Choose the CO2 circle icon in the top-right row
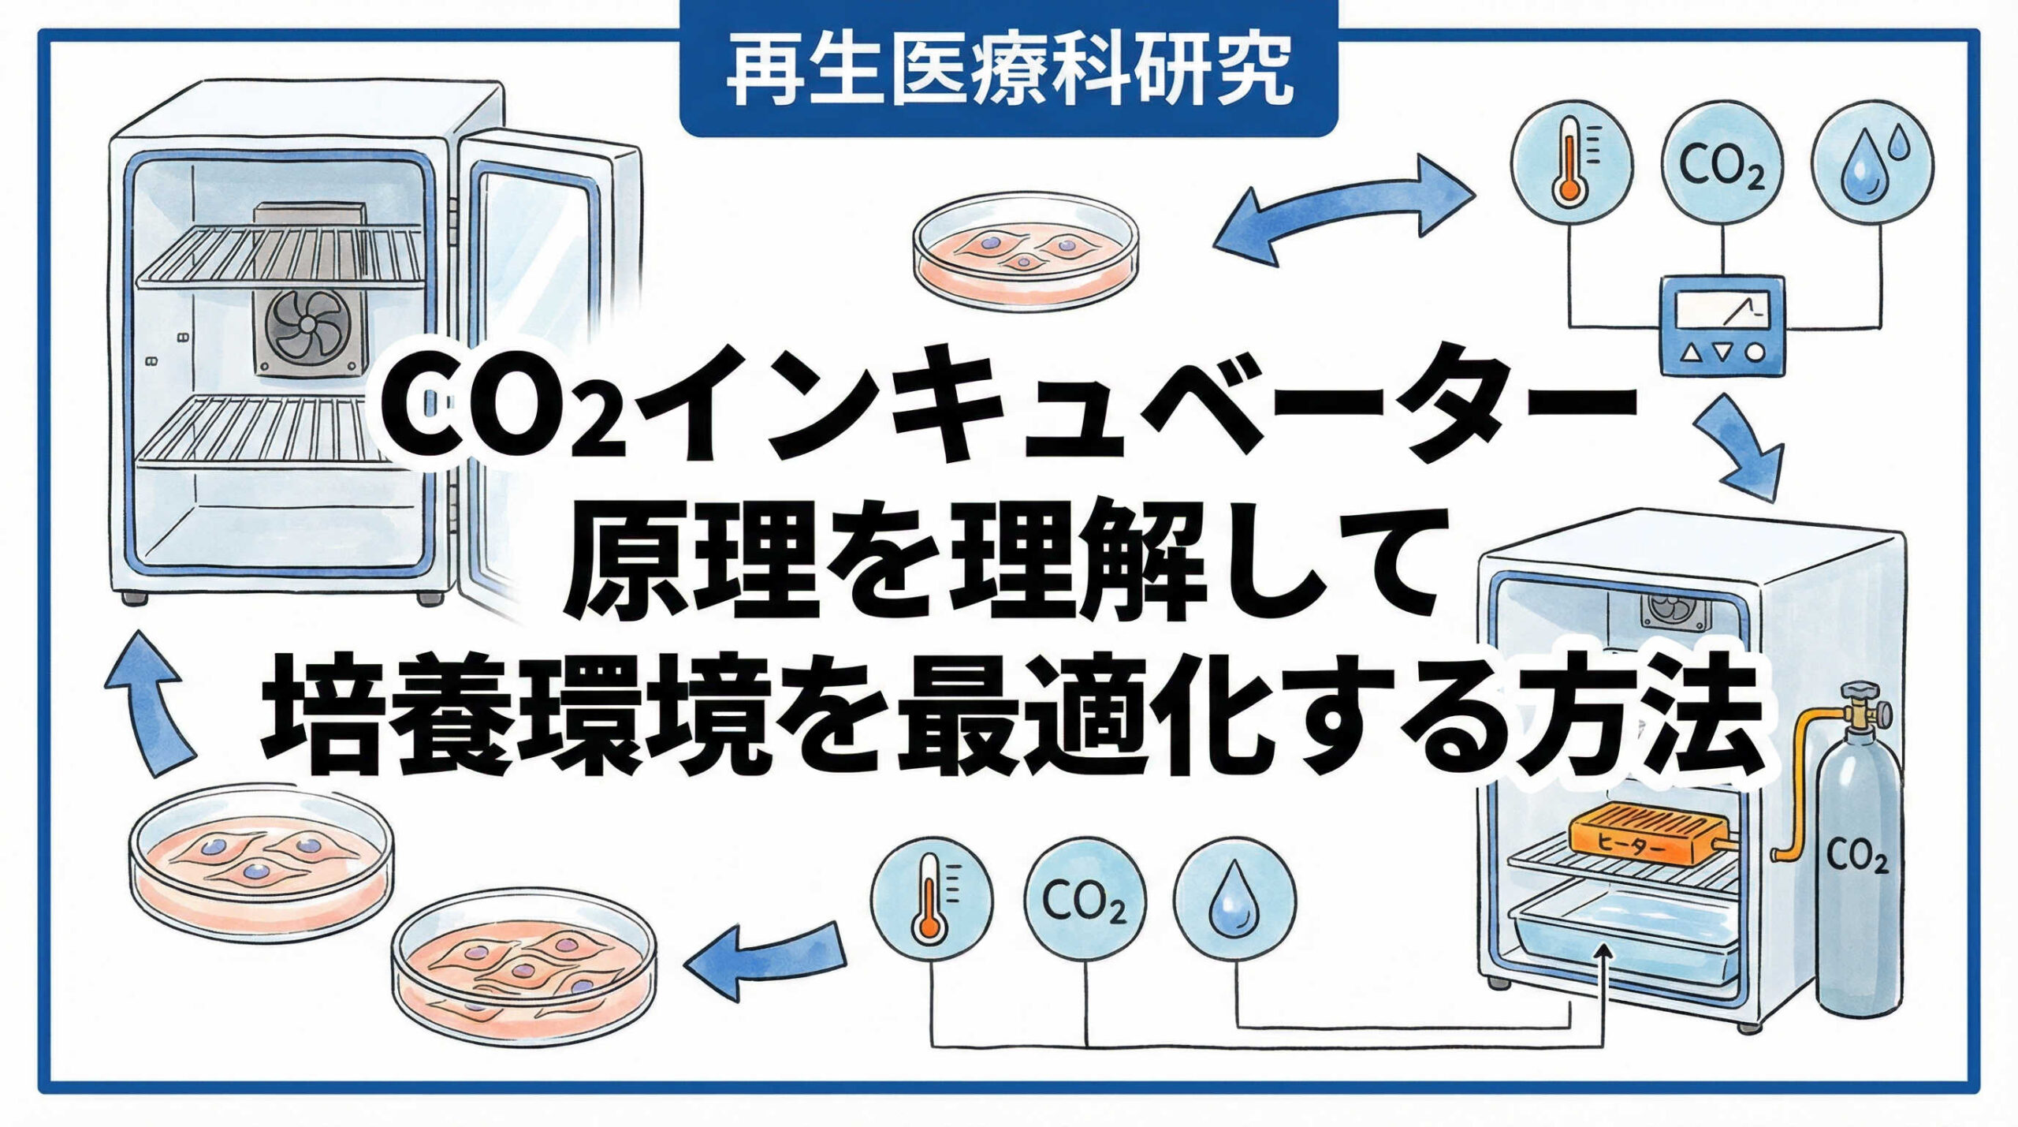(1722, 168)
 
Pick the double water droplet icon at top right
(1872, 168)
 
